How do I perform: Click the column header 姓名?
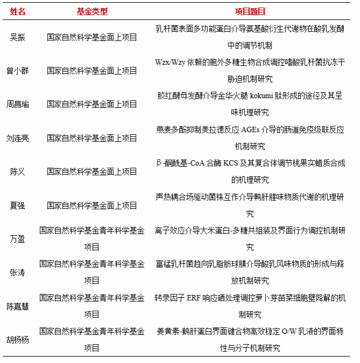click(x=18, y=11)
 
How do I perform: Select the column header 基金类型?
click(x=92, y=11)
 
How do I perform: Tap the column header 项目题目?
click(x=250, y=11)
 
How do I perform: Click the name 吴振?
click(x=18, y=37)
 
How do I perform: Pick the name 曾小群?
click(x=18, y=71)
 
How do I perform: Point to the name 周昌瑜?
click(x=18, y=104)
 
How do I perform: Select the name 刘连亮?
click(x=18, y=138)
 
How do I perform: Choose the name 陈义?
click(x=18, y=172)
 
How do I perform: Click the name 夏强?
click(x=18, y=206)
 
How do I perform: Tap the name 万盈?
click(x=18, y=239)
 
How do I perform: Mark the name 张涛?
click(x=18, y=272)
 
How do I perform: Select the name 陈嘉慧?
click(x=18, y=306)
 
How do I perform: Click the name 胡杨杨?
click(x=18, y=340)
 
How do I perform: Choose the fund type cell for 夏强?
click(x=92, y=206)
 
